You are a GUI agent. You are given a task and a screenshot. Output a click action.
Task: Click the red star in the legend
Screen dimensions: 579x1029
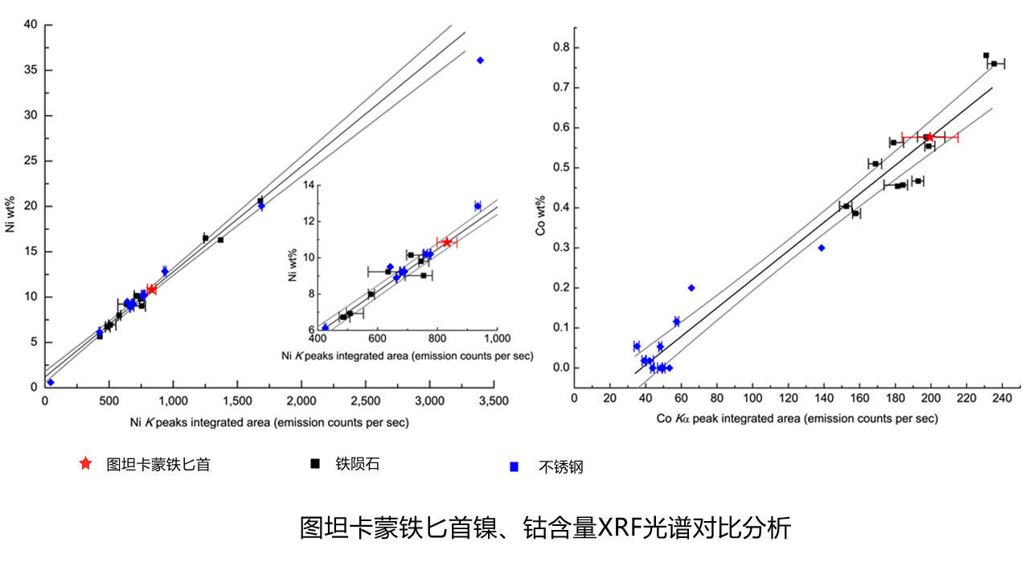pyautogui.click(x=86, y=463)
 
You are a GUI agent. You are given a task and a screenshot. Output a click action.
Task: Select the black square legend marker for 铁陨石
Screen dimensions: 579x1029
pyautogui.click(x=316, y=463)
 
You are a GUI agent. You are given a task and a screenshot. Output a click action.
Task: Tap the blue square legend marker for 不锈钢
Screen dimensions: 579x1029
pyautogui.click(x=514, y=466)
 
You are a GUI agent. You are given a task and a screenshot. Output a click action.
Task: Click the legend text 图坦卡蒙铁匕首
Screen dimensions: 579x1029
pyautogui.click(x=158, y=464)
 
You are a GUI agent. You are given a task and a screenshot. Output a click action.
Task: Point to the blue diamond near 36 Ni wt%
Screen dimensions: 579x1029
pyautogui.click(x=480, y=60)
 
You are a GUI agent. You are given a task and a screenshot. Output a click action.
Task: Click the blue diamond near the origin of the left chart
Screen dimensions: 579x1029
pyautogui.click(x=50, y=382)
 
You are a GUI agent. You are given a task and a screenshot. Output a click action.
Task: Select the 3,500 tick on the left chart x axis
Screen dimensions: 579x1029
pyautogui.click(x=494, y=400)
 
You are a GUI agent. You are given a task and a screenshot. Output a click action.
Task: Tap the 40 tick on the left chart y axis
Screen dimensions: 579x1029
pyautogui.click(x=31, y=25)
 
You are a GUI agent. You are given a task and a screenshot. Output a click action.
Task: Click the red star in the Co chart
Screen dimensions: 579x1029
pyautogui.click(x=930, y=138)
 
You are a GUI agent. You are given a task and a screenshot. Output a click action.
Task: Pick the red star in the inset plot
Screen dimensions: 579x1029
pyautogui.click(x=447, y=242)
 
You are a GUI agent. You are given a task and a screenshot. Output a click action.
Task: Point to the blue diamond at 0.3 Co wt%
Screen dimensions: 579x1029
pyautogui.click(x=822, y=248)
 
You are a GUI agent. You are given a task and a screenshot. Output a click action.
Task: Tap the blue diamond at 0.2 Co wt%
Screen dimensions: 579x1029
pyautogui.click(x=691, y=288)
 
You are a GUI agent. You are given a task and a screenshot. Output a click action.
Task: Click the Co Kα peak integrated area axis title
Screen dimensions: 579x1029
pyautogui.click(x=797, y=418)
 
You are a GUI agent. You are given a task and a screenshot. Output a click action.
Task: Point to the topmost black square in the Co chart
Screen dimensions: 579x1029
pyautogui.click(x=986, y=55)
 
